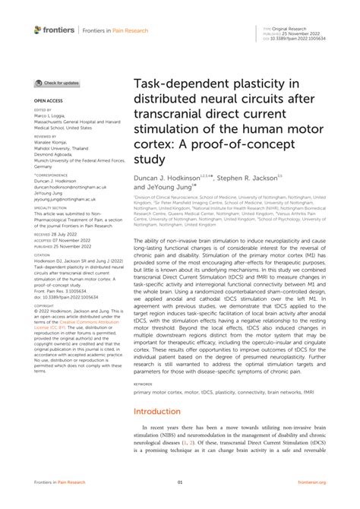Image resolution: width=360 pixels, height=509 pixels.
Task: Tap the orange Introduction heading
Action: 158,411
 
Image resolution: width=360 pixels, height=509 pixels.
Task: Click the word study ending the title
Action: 149,159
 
